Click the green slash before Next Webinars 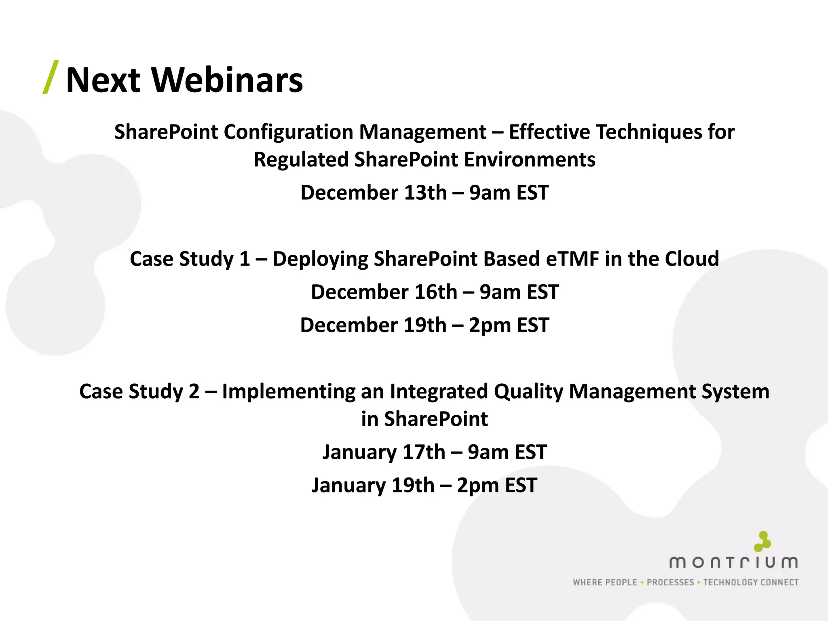(x=51, y=77)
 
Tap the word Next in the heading (x=103, y=80)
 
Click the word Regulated (x=301, y=160)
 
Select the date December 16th (x=384, y=292)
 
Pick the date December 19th (x=373, y=325)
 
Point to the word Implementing (x=288, y=392)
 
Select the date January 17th (x=384, y=452)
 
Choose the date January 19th (x=373, y=486)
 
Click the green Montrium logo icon (x=763, y=541)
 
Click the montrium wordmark (x=733, y=562)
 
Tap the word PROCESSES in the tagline (x=670, y=583)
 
